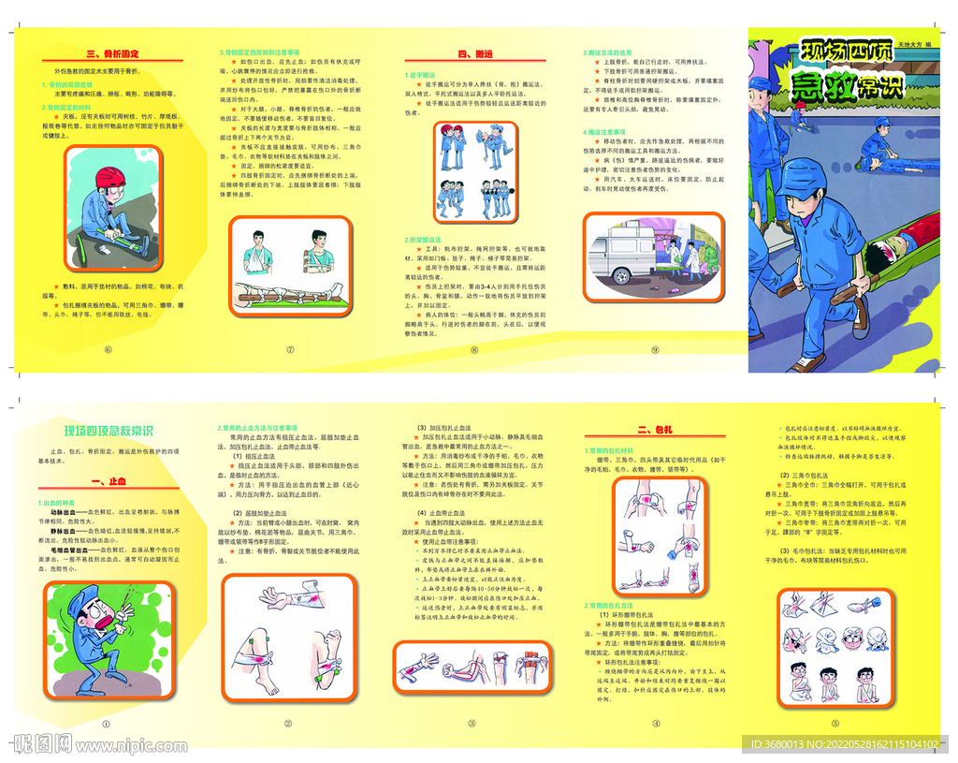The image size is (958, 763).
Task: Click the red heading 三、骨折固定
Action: (x=111, y=54)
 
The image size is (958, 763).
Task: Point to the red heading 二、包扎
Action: (x=656, y=431)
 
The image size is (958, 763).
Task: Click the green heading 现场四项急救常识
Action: (x=109, y=431)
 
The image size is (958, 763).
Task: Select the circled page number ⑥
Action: (x=108, y=350)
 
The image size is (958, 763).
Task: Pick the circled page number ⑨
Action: (x=655, y=350)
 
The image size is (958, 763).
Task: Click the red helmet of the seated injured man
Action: (x=109, y=178)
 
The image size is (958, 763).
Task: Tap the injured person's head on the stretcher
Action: (x=884, y=251)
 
